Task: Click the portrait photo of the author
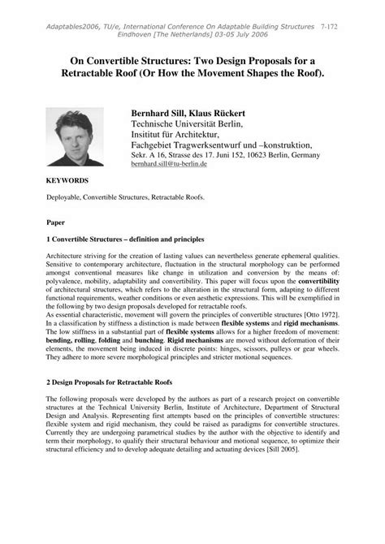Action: pos(78,135)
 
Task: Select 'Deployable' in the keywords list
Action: pos(63,196)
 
